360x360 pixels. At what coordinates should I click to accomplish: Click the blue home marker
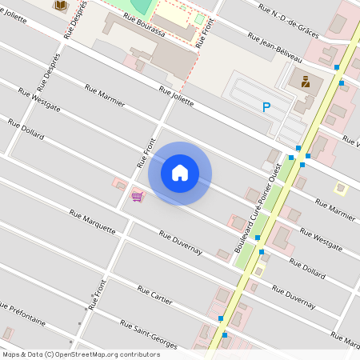pos(180,173)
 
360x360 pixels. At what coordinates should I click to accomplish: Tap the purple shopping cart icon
pos(137,196)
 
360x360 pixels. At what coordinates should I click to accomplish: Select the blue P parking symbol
pos(266,106)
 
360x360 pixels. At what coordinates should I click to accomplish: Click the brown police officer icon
pos(305,80)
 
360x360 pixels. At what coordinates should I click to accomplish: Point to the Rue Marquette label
pos(92,219)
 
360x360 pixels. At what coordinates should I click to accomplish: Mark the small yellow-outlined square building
pos(341,189)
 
